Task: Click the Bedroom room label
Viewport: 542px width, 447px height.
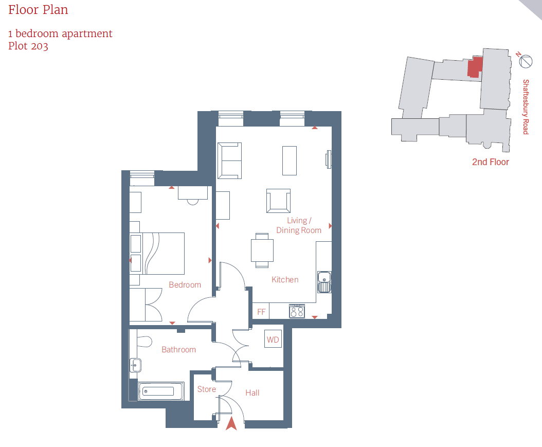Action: tap(185, 284)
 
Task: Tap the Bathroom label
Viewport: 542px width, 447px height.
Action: tap(179, 349)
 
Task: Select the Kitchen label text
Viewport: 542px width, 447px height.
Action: tap(285, 279)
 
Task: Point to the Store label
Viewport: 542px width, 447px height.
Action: tap(206, 389)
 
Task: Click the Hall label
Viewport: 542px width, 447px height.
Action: tap(252, 392)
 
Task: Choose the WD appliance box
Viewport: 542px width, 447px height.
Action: tap(273, 339)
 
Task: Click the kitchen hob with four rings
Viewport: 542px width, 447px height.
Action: tap(297, 311)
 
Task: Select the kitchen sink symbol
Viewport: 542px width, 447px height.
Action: tap(324, 282)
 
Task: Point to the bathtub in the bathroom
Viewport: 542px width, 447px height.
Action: tap(161, 391)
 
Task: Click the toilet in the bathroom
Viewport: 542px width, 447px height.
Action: tap(144, 342)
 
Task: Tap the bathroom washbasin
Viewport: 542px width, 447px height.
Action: tap(135, 365)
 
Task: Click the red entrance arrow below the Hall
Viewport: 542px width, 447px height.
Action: tap(231, 424)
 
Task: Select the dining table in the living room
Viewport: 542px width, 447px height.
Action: tap(262, 251)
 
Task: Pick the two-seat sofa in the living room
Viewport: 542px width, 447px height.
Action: tap(229, 161)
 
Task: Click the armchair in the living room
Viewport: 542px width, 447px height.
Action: tap(278, 201)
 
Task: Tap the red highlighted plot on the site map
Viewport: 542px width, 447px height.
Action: tap(475, 67)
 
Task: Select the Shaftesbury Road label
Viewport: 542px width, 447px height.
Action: tap(526, 107)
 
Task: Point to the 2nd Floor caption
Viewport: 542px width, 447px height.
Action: tap(491, 162)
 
